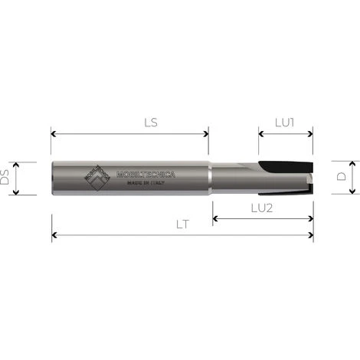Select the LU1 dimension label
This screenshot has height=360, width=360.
(286, 122)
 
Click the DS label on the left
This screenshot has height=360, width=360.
(6, 178)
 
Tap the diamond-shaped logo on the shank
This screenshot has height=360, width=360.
(97, 178)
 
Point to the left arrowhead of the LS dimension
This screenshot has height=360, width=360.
(54, 133)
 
